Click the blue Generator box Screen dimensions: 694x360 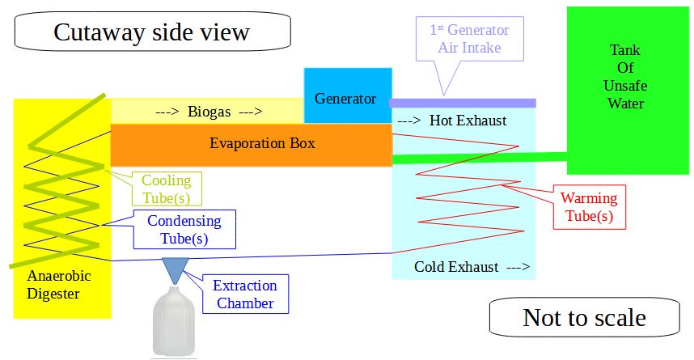[x=348, y=95]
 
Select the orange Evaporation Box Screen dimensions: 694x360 [x=252, y=145]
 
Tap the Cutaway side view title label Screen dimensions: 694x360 [x=152, y=32]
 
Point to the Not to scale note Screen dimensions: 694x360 [x=584, y=317]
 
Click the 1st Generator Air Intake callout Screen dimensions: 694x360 [x=470, y=39]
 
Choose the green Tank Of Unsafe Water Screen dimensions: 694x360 [x=628, y=91]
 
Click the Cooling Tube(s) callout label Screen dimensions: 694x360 [x=166, y=188]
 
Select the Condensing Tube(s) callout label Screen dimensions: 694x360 [x=184, y=230]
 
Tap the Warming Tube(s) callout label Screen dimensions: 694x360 [x=589, y=207]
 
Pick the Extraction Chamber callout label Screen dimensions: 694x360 [x=245, y=294]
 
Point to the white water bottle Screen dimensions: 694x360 [x=174, y=322]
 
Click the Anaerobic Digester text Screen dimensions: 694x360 [x=58, y=285]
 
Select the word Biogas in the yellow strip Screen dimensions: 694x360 [x=209, y=112]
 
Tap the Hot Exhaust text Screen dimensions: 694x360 [x=468, y=121]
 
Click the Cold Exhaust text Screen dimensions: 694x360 [x=456, y=267]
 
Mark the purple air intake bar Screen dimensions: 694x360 [x=463, y=104]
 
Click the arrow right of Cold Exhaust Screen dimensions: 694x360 [x=518, y=267]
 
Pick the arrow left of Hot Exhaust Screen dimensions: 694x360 [x=409, y=121]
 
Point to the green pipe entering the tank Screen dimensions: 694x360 [x=480, y=158]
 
